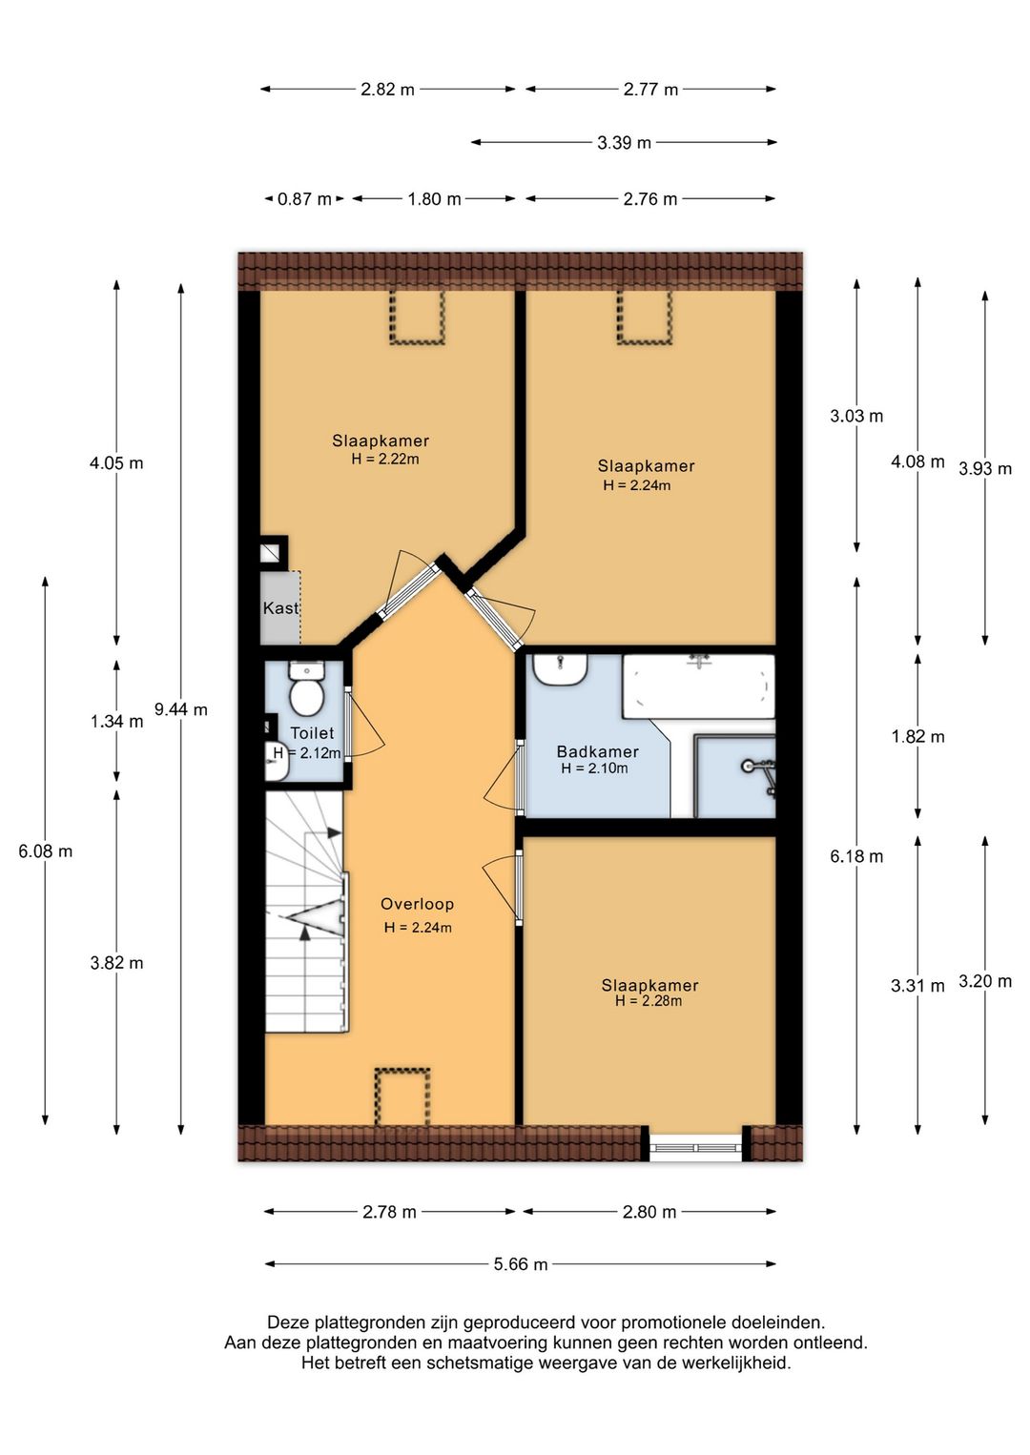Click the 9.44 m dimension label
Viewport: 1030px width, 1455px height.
click(x=180, y=709)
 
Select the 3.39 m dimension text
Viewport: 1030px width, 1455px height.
click(x=624, y=142)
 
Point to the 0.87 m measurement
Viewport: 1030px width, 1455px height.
click(x=304, y=198)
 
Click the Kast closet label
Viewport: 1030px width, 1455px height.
click(x=280, y=608)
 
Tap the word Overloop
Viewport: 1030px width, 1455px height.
click(x=417, y=904)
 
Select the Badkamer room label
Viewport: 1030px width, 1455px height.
click(x=598, y=751)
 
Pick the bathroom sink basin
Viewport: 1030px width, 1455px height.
click(x=560, y=669)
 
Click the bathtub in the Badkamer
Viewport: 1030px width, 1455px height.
click(x=698, y=687)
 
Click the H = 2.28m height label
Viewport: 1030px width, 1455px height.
click(x=649, y=1001)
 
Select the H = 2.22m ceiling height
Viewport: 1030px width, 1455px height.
click(x=384, y=459)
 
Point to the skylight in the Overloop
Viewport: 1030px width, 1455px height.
click(x=402, y=1096)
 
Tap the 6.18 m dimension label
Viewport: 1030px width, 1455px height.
click(x=856, y=856)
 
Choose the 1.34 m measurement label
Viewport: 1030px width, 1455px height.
click(x=117, y=721)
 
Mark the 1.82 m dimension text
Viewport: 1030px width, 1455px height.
click(x=917, y=737)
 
